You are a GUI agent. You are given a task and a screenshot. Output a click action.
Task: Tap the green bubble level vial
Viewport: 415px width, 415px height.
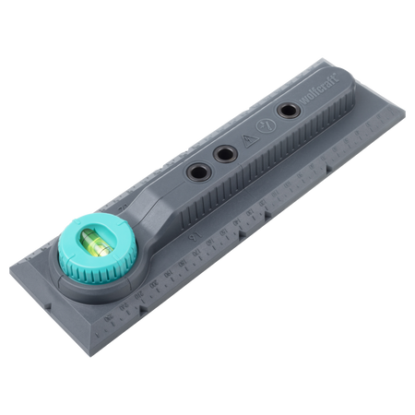(93, 243)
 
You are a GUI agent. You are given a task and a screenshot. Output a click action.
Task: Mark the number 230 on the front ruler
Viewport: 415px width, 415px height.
(108, 316)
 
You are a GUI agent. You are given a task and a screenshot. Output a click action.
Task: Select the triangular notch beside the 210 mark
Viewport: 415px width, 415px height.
(142, 309)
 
